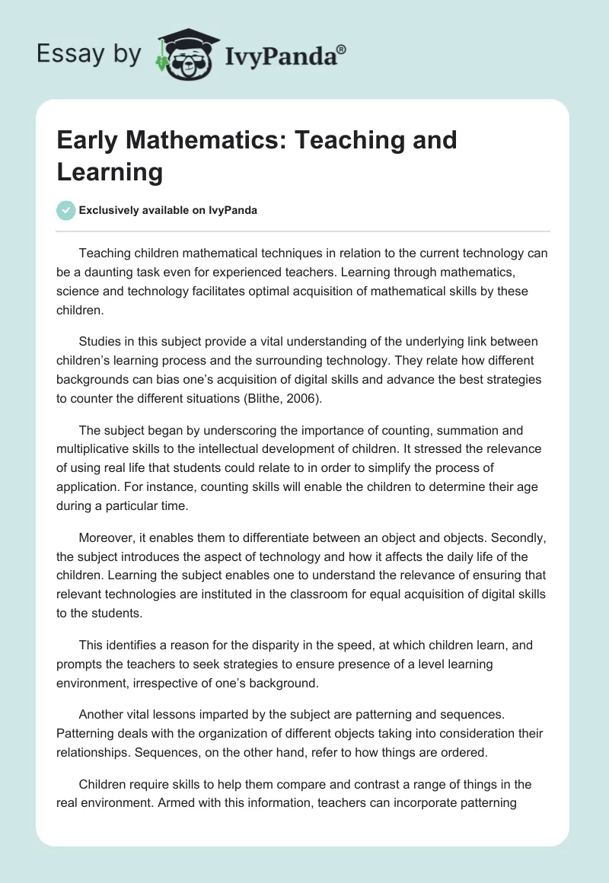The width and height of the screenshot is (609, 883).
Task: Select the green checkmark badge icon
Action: [66, 210]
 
